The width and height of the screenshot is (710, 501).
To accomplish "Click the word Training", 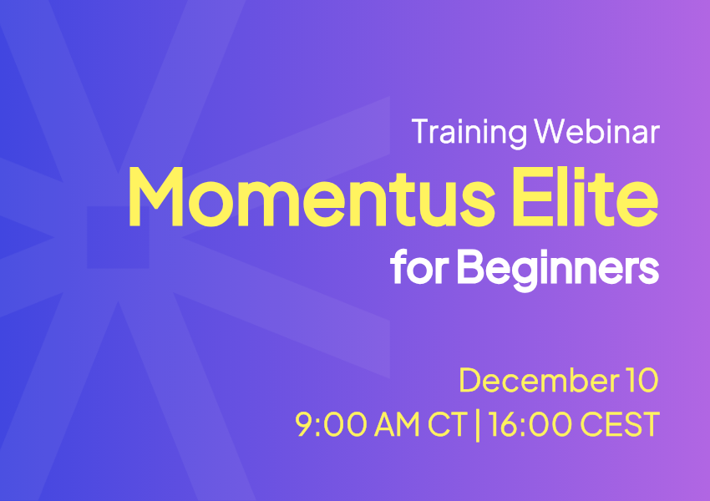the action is pyautogui.click(x=469, y=133).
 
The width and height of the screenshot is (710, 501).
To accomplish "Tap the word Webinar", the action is pyautogui.click(x=596, y=131).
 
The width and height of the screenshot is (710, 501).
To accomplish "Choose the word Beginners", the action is pyautogui.click(x=558, y=270).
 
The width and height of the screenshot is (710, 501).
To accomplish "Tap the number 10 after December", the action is pyautogui.click(x=642, y=380).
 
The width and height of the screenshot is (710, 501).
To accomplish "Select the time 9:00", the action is pyautogui.click(x=331, y=424).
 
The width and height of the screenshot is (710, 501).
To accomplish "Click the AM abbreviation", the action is pyautogui.click(x=397, y=424).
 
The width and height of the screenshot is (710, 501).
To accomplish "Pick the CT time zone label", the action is pyautogui.click(x=448, y=424).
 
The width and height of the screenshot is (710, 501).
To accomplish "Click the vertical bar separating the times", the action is pyautogui.click(x=478, y=424).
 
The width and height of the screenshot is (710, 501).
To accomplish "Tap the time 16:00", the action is pyautogui.click(x=530, y=424).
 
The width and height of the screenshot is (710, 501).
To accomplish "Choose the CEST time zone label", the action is pyautogui.click(x=620, y=424).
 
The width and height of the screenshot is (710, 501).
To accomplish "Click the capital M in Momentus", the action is pyautogui.click(x=155, y=196).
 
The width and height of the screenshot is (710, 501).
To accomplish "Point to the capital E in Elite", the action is pyautogui.click(x=530, y=196).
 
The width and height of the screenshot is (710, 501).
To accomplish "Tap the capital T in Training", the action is pyautogui.click(x=421, y=131).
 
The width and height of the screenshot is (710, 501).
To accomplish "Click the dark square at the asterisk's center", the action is pyautogui.click(x=118, y=237).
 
